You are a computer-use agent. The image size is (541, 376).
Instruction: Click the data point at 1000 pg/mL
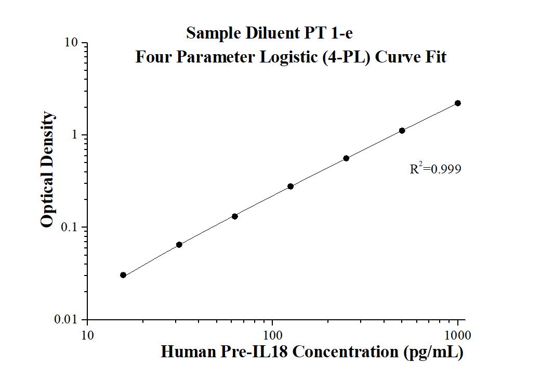[x=458, y=103]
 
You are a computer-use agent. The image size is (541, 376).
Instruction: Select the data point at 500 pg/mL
[x=402, y=131]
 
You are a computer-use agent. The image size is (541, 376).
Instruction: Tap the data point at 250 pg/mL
[x=346, y=158]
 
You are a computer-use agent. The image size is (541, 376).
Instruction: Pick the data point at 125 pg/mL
[x=291, y=186]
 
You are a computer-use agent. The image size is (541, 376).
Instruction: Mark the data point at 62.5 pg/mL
[x=235, y=216]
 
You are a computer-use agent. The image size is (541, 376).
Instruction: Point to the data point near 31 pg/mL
[x=179, y=245]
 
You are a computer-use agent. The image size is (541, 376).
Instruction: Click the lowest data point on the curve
[x=123, y=275]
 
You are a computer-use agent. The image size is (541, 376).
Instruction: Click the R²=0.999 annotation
[x=435, y=169]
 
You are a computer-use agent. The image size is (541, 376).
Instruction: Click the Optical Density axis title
[x=47, y=169]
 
